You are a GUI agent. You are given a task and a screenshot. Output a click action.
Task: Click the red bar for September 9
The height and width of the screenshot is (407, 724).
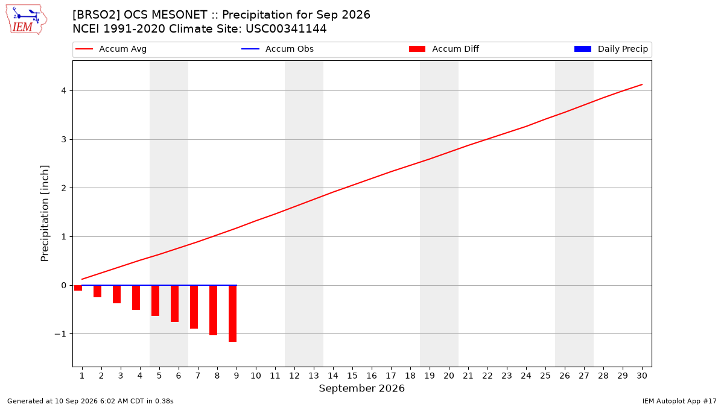(x=232, y=314)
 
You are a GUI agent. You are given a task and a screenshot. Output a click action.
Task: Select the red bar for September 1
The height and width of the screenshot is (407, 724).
(x=78, y=288)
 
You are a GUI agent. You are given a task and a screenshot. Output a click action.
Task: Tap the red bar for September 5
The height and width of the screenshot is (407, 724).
(x=155, y=300)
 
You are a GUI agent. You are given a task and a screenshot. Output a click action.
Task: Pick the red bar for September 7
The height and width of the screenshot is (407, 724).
(x=194, y=307)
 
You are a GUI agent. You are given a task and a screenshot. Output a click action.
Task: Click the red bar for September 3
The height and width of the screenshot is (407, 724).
(x=116, y=294)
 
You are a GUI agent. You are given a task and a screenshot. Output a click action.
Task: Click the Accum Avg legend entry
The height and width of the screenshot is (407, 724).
(x=111, y=49)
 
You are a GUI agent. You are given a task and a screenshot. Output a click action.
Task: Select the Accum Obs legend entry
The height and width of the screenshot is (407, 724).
(x=278, y=49)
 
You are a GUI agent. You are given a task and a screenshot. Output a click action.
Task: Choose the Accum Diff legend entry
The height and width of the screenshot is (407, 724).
(x=444, y=49)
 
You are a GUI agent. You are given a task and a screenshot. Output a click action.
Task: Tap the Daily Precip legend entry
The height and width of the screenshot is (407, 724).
(x=611, y=49)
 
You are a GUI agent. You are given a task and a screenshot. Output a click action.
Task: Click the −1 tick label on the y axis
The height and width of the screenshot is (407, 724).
(x=60, y=334)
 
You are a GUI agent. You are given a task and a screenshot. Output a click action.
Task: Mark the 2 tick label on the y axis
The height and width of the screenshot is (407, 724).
(x=64, y=188)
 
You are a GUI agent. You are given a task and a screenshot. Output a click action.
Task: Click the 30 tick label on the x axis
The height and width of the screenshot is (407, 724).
(x=642, y=376)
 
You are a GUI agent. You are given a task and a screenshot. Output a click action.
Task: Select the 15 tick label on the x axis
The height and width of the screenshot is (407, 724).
(x=352, y=376)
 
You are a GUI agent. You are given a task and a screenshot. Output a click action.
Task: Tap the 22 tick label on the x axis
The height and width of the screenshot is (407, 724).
(x=487, y=376)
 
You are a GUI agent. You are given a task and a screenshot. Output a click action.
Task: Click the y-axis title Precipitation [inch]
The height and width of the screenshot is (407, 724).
(x=45, y=213)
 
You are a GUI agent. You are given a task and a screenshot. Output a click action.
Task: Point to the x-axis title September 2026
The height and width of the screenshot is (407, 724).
(x=361, y=388)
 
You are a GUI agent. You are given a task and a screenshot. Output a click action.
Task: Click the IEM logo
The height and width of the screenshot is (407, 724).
(x=27, y=20)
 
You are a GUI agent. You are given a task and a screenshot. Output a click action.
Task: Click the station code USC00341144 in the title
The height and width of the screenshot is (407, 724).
(x=286, y=29)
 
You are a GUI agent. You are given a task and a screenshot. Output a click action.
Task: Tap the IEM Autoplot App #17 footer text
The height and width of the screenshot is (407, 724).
(x=679, y=401)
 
